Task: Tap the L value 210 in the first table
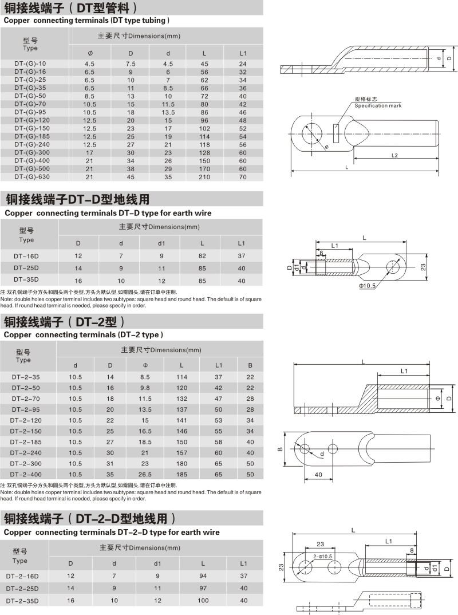[x=204, y=178]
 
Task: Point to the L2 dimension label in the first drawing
[x=395, y=156]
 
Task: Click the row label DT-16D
[x=26, y=255]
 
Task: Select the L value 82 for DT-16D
[x=202, y=255]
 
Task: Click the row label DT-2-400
[x=26, y=474]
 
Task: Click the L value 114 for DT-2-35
[x=181, y=377]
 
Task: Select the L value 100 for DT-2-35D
[x=203, y=600]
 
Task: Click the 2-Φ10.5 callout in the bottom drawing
[x=322, y=556]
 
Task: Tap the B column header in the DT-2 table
[x=250, y=365]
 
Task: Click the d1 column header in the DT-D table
[x=161, y=243]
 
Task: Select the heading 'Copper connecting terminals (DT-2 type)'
[x=84, y=334]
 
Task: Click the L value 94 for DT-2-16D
[x=203, y=575]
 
